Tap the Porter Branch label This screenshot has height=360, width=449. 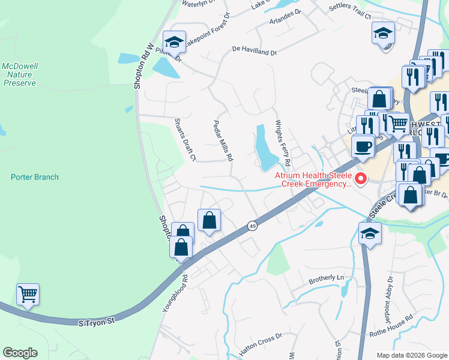pyautogui.click(x=35, y=177)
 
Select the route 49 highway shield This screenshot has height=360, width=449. pyautogui.click(x=252, y=226)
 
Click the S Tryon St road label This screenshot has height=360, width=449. pyautogui.click(x=97, y=322)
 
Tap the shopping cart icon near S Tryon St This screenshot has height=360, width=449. pyautogui.click(x=28, y=295)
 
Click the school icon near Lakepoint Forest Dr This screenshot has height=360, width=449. pyautogui.click(x=175, y=42)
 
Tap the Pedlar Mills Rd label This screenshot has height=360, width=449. pyautogui.click(x=223, y=139)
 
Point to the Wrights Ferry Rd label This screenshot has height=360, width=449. pyautogui.click(x=283, y=144)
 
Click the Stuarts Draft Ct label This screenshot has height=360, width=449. pyautogui.click(x=185, y=140)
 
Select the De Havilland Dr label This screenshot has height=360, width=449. pyautogui.click(x=255, y=52)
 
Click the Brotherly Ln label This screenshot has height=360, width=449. pyautogui.click(x=327, y=278)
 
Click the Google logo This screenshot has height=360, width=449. pyautogui.click(x=20, y=353)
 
